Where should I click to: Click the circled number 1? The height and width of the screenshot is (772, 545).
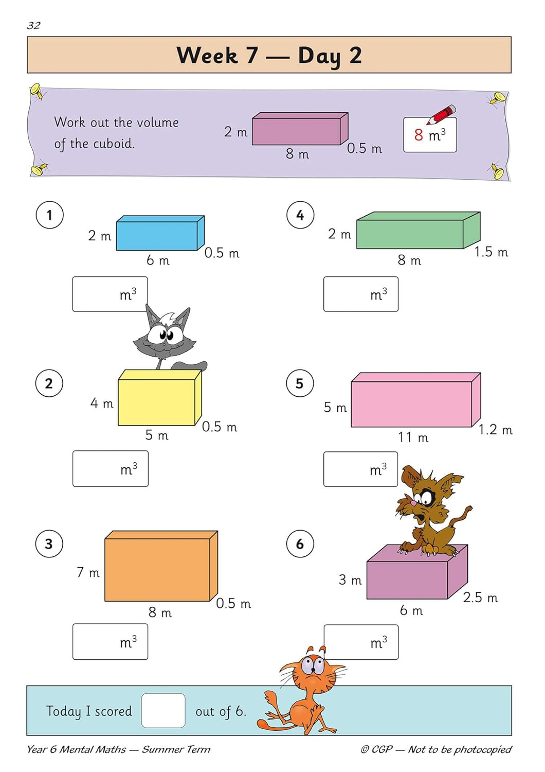[49, 215]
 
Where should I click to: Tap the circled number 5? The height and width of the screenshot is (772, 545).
[300, 383]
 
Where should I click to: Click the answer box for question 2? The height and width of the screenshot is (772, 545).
[110, 469]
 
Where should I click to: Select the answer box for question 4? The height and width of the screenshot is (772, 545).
[360, 294]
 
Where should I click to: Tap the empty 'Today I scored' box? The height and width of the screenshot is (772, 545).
[163, 711]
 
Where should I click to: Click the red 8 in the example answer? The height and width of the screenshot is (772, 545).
[419, 135]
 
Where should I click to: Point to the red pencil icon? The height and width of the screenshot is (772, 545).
[441, 114]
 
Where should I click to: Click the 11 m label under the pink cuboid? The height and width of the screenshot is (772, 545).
[413, 437]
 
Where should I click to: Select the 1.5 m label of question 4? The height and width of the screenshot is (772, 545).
[491, 252]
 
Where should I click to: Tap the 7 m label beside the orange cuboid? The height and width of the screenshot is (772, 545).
[88, 572]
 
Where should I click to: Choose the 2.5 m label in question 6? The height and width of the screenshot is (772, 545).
[480, 598]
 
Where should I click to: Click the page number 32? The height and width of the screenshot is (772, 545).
[33, 25]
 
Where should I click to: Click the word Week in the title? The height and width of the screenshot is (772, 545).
[207, 55]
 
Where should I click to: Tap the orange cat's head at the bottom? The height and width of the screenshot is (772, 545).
[312, 669]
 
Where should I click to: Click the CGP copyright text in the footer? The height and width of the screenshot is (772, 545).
[436, 749]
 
